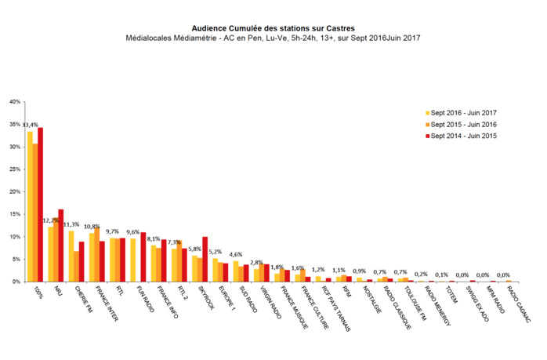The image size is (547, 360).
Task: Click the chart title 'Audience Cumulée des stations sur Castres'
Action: tap(273, 26)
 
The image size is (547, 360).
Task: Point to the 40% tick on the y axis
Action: tap(15, 101)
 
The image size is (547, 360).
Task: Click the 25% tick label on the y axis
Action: tap(15, 169)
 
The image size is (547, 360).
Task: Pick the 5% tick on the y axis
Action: tap(15, 259)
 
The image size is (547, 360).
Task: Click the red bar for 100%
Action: tap(41, 204)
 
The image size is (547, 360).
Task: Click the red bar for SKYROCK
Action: tap(205, 259)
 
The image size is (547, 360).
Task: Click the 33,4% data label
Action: tap(31, 125)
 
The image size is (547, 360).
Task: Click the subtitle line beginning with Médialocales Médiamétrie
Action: tap(273, 37)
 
